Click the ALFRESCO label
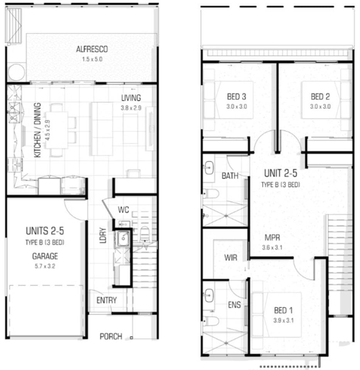tap(92, 49)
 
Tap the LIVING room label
tap(131, 98)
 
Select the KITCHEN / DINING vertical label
tap(38, 130)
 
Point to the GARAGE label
tap(45, 256)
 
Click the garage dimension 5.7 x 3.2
tap(45, 266)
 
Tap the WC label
tap(123, 210)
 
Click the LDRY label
tap(103, 235)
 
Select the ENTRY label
tap(107, 300)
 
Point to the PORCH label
tap(111, 336)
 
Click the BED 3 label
tap(237, 97)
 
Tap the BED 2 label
tap(320, 97)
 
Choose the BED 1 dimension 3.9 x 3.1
tap(283, 321)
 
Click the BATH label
tap(230, 176)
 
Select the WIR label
tap(231, 258)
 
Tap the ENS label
tap(234, 305)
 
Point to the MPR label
tap(272, 238)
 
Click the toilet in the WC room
tap(144, 234)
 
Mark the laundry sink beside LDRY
tap(123, 238)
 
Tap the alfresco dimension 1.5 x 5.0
tap(92, 59)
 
